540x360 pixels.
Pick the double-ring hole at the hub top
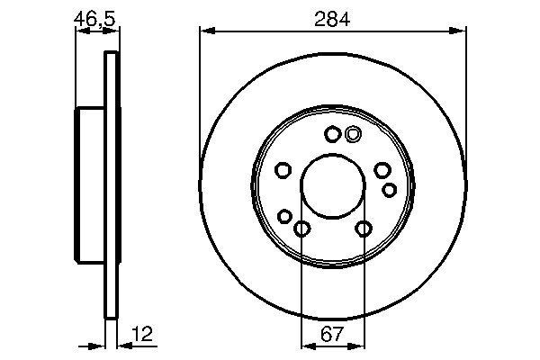pos(352,135)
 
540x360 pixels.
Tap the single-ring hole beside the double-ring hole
pos(332,135)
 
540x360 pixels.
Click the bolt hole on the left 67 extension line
pos(301,229)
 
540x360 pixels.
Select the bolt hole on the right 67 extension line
pos(363,229)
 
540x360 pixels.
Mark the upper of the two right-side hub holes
pos(382,171)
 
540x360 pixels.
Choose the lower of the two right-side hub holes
pos(389,189)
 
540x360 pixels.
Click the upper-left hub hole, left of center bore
pos(283,171)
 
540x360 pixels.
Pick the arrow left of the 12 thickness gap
pos(99,346)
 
